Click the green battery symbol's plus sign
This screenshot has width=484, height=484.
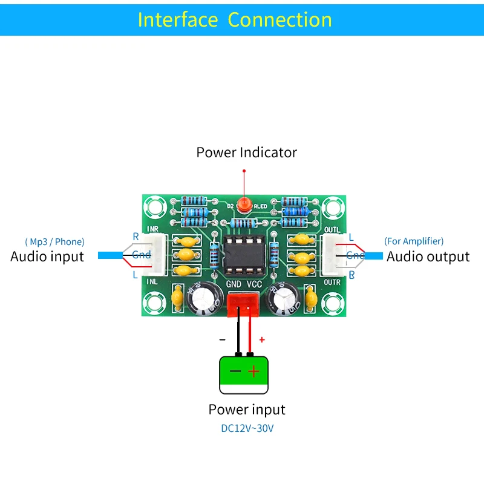click(x=254, y=371)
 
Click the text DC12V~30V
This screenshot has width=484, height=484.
click(x=246, y=428)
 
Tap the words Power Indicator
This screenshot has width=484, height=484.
click(x=246, y=152)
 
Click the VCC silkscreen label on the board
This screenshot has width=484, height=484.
click(x=255, y=283)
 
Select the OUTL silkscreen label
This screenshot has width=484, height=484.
click(x=332, y=229)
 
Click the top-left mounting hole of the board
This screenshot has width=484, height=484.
click(x=154, y=207)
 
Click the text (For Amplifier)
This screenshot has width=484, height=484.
click(x=414, y=241)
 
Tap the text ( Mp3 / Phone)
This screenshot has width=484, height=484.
click(x=54, y=241)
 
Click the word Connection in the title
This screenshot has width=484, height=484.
click(x=280, y=19)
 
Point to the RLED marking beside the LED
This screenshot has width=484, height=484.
click(x=260, y=206)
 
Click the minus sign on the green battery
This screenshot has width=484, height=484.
click(x=233, y=371)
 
